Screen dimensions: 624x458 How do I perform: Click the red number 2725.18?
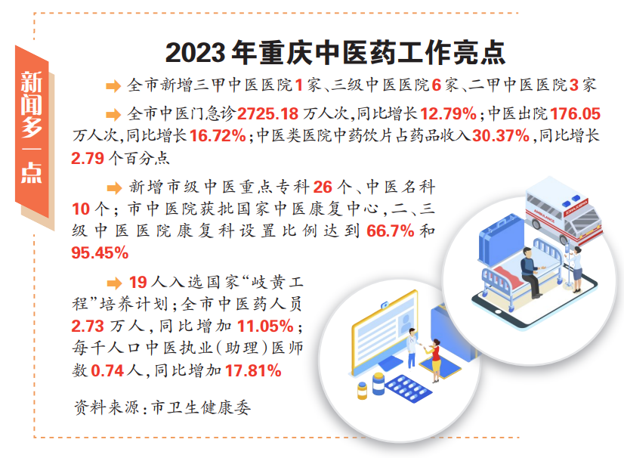268,114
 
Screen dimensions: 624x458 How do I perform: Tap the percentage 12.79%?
448,114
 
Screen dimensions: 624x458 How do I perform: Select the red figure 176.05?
576,114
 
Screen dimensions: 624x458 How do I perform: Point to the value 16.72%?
218,136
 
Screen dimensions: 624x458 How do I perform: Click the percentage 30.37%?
501,136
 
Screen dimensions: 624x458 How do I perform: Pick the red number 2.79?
88,158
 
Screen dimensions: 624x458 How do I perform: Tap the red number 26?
323,187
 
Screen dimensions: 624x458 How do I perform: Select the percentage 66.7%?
391,231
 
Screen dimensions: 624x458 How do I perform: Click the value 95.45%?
100,252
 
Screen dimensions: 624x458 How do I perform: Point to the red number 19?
138,283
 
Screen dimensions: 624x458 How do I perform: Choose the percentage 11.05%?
265,326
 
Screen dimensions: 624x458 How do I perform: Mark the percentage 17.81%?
253,371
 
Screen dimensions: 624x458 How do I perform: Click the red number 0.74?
108,371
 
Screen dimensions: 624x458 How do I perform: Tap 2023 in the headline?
195,53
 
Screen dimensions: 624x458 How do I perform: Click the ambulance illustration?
562,209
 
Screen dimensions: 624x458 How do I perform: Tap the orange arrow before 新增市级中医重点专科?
114,187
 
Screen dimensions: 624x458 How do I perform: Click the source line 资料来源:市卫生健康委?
162,407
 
